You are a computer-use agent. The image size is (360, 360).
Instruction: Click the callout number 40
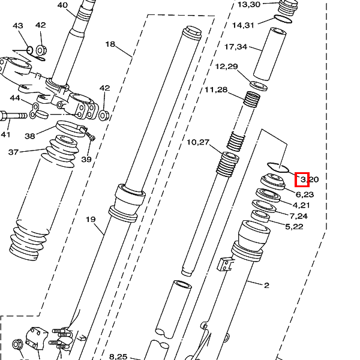tap(62, 5)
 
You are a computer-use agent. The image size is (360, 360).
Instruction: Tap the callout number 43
tap(18, 25)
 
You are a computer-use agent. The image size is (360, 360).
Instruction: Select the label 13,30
tap(249, 4)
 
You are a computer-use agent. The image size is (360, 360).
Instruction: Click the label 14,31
tap(244, 25)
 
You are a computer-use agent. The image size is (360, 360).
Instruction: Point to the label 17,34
tap(236, 47)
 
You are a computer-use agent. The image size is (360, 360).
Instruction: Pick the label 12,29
tap(226, 67)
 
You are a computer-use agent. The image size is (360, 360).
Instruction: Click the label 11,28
tap(216, 89)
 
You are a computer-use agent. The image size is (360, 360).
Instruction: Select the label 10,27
tap(198, 142)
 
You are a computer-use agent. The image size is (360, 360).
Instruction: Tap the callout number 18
tap(110, 44)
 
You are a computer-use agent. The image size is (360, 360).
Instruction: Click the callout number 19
tap(91, 220)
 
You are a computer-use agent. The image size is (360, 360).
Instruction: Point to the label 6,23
tap(305, 194)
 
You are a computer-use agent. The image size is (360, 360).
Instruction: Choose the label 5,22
tap(294, 227)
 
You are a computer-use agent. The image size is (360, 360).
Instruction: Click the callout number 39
tap(86, 159)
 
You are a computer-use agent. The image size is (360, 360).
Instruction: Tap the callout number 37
tap(13, 152)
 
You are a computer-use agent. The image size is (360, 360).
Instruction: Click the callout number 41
tap(5, 134)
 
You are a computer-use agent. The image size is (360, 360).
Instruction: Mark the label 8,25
tap(118, 356)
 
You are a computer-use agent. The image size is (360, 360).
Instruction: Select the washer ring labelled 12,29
tap(258, 86)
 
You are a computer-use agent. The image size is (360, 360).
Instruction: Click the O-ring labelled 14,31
tap(283, 19)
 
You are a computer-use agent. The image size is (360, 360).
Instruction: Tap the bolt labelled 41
tap(13, 115)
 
